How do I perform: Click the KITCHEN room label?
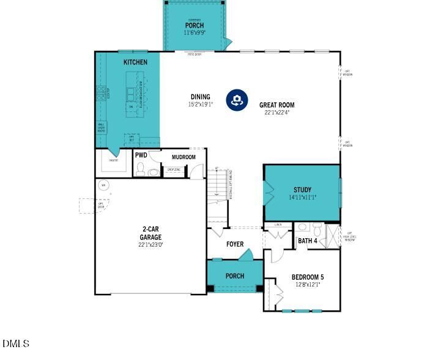(x=135, y=62)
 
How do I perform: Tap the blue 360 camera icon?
(x=237, y=100)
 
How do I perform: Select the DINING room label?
(x=200, y=97)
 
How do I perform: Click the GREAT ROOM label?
(x=277, y=105)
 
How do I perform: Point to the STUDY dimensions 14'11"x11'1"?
(x=302, y=198)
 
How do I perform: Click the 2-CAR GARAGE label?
(x=150, y=233)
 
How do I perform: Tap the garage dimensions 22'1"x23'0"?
(x=150, y=244)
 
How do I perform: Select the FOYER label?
(x=235, y=244)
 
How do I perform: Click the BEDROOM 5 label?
(x=307, y=277)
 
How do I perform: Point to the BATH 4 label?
(x=307, y=241)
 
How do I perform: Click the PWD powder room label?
(x=141, y=156)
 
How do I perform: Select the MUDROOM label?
(x=183, y=157)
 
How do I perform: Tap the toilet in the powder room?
(x=140, y=169)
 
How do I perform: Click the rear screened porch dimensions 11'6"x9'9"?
(x=195, y=32)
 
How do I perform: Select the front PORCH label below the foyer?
(x=235, y=276)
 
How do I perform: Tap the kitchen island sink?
(x=131, y=93)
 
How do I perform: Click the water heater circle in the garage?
(x=103, y=185)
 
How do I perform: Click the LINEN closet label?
(x=278, y=225)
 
